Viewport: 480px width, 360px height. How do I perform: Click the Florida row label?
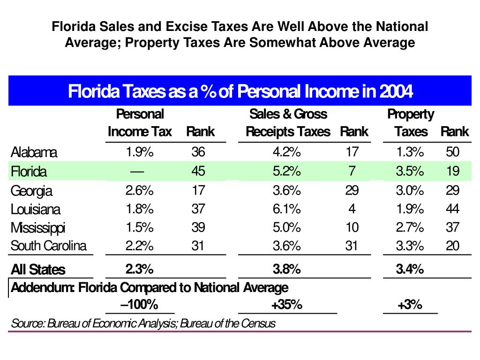29,172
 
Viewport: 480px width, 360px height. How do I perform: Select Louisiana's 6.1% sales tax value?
286,209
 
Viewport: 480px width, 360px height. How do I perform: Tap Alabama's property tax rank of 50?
452,152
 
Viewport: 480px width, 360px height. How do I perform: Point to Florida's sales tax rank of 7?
352,171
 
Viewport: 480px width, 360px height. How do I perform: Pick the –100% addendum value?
139,305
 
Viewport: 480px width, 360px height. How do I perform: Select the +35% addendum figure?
286,305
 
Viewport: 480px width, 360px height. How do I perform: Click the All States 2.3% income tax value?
139,269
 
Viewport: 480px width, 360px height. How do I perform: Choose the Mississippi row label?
38,228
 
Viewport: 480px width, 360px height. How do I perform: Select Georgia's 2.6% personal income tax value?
139,190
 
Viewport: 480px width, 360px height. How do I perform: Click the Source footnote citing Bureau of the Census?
143,323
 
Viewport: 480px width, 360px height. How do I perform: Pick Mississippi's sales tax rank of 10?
352,227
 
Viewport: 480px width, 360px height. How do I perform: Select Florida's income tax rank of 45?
198,171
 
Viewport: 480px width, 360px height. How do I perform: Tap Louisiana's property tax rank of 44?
452,209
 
